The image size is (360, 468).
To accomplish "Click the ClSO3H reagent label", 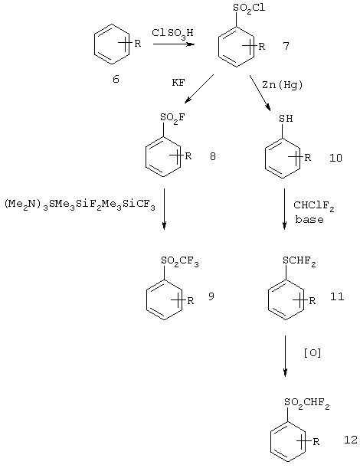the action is pos(172,34).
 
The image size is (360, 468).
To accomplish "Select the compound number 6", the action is pos(116,79).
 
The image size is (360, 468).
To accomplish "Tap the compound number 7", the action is pos(286,46).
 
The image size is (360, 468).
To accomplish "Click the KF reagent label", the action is pos(178,83).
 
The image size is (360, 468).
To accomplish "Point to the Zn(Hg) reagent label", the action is pos(282,85).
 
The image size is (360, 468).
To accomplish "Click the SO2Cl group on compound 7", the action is pos(249,8).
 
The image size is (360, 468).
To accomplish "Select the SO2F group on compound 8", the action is pos(172,118).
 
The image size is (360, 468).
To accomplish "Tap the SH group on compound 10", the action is pos(286,119).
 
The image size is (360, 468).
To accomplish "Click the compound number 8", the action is pos(212,156).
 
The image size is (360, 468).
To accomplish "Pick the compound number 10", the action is pos(335,158).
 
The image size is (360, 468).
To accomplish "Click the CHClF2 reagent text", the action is pos(314,206).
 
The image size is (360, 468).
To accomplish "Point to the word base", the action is pos(309,219).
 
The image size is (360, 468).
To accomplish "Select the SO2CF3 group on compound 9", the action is pos(180,261).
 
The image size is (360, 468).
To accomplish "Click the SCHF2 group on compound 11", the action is pos(299,261).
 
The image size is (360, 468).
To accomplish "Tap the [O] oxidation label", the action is pos(313,353).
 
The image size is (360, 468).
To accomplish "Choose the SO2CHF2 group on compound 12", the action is pos(307,403).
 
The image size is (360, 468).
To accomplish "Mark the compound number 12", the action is pos(351,440).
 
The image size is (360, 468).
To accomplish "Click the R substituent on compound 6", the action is pos(137,44).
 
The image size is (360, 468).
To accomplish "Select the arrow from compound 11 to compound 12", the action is pos(285,355).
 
